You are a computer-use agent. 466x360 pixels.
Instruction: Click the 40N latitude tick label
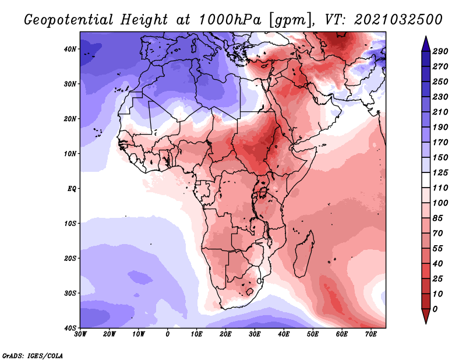[x=70, y=49]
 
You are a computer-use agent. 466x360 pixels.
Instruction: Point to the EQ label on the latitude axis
[x=72, y=189]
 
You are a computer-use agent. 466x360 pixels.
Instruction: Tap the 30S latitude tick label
[x=70, y=294]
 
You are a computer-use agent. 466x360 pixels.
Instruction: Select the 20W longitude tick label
[x=109, y=334]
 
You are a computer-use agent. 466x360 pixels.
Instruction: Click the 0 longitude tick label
[x=168, y=334]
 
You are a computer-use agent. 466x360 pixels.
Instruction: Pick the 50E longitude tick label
[x=313, y=334]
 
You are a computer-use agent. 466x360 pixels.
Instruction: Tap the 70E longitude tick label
[x=370, y=334]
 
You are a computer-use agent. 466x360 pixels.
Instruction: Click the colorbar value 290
[x=440, y=51]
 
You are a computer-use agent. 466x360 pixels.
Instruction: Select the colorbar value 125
[x=440, y=172]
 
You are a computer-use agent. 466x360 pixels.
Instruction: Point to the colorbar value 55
[x=437, y=249]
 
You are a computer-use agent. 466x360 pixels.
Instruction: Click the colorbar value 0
[x=435, y=309]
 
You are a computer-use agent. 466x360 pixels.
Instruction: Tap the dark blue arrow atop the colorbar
[x=426, y=44]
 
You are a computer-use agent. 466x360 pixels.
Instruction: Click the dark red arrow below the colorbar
[x=426, y=316]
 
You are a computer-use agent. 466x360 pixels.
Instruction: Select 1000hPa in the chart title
[x=230, y=20]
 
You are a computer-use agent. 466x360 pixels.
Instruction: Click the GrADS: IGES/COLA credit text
[x=33, y=356]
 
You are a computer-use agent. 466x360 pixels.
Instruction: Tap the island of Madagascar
[x=304, y=254]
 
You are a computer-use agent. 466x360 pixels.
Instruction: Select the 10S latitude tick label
[x=70, y=224]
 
